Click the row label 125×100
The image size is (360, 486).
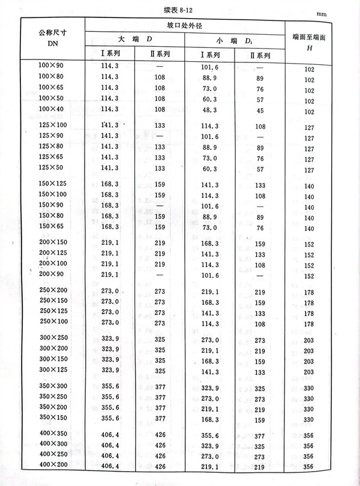point(51,125)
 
